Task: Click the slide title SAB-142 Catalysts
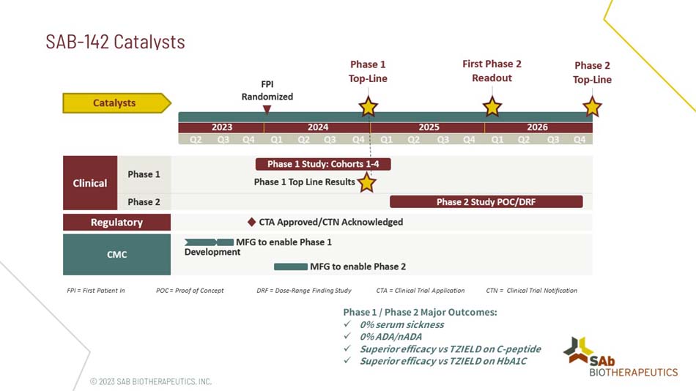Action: pyautogui.click(x=115, y=41)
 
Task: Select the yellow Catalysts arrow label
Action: pyautogui.click(x=116, y=103)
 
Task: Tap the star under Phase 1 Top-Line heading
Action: pyautogui.click(x=368, y=107)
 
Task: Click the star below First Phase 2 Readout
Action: pyautogui.click(x=492, y=107)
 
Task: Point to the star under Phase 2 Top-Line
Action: pyautogui.click(x=591, y=107)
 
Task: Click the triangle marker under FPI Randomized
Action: pyautogui.click(x=267, y=110)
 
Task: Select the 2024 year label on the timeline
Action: pyautogui.click(x=318, y=127)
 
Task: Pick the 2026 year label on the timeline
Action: pyautogui.click(x=537, y=127)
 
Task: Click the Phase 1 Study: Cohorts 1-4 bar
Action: pyautogui.click(x=323, y=164)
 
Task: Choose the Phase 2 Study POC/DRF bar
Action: pyautogui.click(x=486, y=201)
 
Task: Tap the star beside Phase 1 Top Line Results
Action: pyautogui.click(x=366, y=182)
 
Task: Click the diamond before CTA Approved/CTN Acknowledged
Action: pyautogui.click(x=251, y=222)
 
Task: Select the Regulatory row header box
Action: pyautogui.click(x=116, y=222)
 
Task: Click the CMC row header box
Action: pyautogui.click(x=116, y=255)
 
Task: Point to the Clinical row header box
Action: pyautogui.click(x=90, y=183)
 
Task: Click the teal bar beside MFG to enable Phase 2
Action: pyautogui.click(x=290, y=267)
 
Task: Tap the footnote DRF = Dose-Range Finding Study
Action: pyautogui.click(x=304, y=291)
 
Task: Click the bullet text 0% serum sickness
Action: pyautogui.click(x=401, y=324)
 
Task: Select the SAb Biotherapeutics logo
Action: pyautogui.click(x=622, y=357)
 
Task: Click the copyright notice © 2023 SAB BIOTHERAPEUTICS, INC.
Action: pyautogui.click(x=150, y=381)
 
